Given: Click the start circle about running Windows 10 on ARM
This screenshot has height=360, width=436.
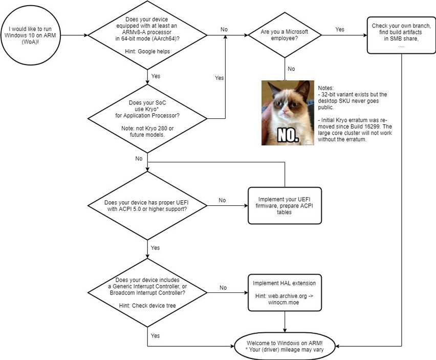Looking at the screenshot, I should point(30,35).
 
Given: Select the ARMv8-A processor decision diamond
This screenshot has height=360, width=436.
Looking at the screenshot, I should point(147,35).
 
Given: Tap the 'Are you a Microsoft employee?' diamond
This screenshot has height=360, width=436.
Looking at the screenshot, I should point(285,35).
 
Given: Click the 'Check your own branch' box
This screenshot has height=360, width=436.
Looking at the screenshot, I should point(402,35).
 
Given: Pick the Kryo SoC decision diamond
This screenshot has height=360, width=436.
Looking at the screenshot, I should point(147,119).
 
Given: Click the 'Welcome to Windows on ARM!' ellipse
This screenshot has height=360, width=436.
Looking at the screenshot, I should point(285,346).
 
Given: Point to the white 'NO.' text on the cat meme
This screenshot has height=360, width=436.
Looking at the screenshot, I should point(288,134).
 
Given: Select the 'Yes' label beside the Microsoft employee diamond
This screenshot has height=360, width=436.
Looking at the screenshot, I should point(340,30).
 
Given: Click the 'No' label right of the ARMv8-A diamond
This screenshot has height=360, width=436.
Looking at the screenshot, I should point(224,30).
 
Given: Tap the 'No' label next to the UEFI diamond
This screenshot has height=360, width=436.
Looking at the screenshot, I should point(222,200).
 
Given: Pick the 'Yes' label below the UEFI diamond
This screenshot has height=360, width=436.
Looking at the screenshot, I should point(156,248).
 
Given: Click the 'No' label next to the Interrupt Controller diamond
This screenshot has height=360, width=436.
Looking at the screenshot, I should point(223,288).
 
